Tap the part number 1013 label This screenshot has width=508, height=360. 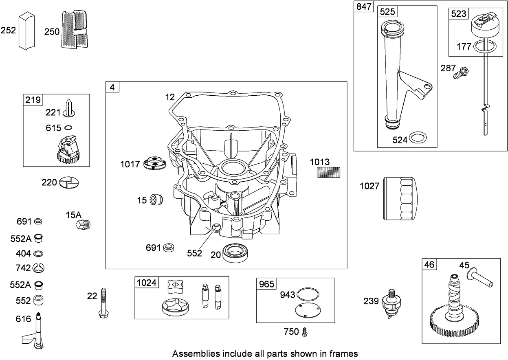[x=320, y=162]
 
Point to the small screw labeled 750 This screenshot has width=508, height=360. [x=304, y=332]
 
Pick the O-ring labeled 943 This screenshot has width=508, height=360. [x=308, y=293]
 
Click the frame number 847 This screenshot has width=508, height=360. [x=364, y=7]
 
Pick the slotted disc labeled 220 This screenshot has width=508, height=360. [x=69, y=182]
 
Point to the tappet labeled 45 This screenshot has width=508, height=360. [x=481, y=279]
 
